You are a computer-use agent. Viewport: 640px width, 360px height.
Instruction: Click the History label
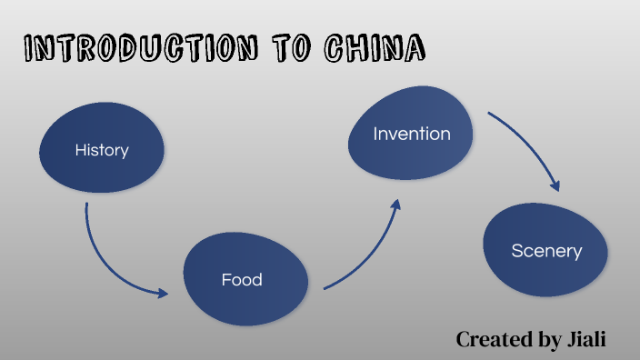coord(102,150)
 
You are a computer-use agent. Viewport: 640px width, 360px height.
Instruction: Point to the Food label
coord(242,279)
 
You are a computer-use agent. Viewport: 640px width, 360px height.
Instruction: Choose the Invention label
coord(412,134)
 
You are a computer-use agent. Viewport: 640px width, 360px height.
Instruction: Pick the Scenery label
coord(546,251)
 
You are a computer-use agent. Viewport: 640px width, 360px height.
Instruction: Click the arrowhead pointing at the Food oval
coord(163,293)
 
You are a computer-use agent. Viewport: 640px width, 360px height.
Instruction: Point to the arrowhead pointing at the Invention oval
coord(395,205)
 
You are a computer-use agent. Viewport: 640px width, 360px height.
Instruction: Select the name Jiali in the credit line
coord(585,339)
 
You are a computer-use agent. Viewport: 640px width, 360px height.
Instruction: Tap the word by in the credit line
coord(548,340)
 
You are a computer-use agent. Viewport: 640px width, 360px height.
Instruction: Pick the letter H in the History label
coord(80,150)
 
